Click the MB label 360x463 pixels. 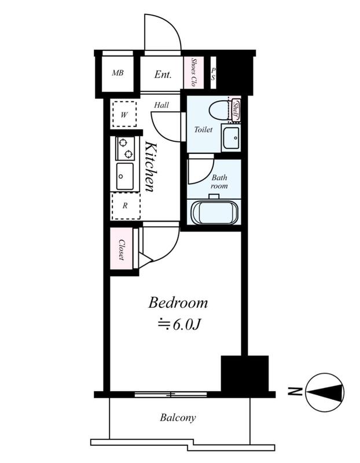[117, 73]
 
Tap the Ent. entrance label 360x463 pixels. [163, 74]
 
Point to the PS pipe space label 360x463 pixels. [213, 74]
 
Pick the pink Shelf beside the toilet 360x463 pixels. [236, 110]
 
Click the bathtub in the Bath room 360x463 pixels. [214, 212]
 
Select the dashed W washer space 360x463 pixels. [124, 114]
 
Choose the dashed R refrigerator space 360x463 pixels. [126, 206]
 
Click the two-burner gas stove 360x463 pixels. [125, 149]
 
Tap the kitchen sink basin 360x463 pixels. [124, 177]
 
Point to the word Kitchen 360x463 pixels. [150, 167]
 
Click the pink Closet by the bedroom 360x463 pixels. [122, 249]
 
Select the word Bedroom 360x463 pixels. [178, 303]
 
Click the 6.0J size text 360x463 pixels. [186, 325]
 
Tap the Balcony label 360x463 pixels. [178, 417]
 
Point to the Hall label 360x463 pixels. [161, 105]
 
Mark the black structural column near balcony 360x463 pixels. [244, 374]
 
